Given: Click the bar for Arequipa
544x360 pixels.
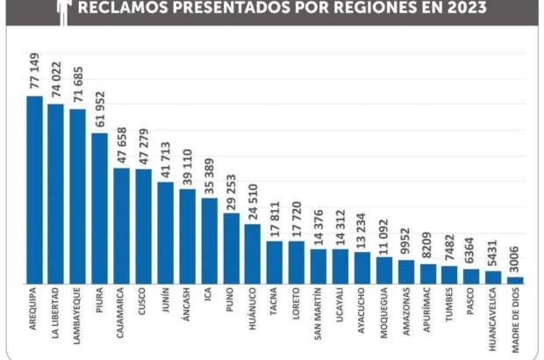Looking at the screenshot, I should (x=34, y=190).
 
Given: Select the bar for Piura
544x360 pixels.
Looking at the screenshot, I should (x=100, y=208).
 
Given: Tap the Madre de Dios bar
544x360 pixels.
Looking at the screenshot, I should (x=515, y=280).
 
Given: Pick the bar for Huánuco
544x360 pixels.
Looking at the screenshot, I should (x=253, y=254).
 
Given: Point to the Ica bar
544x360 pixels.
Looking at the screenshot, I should (x=209, y=241).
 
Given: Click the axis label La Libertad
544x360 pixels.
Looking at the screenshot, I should (x=56, y=306).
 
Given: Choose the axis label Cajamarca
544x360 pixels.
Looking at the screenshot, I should (x=122, y=311).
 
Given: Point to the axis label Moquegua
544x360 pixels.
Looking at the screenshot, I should (x=384, y=311).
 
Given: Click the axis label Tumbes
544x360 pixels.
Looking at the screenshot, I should (x=449, y=305).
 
